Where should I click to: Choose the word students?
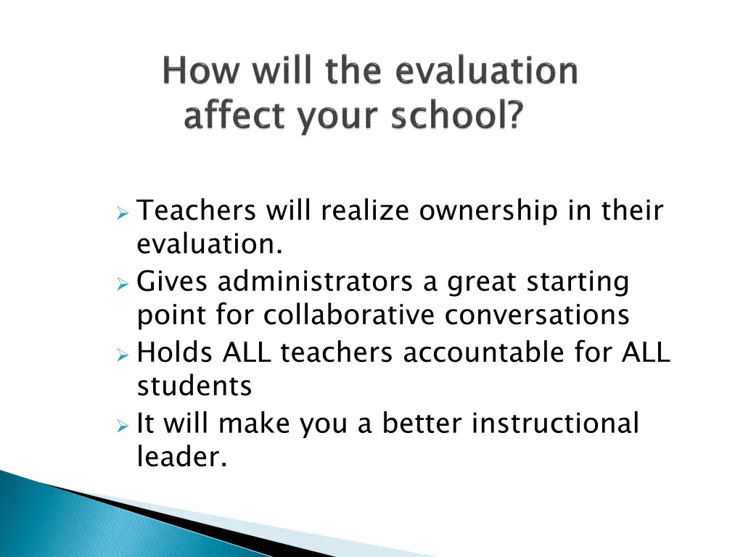click(x=194, y=387)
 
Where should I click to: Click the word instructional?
click(x=555, y=424)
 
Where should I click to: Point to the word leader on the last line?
click(x=181, y=458)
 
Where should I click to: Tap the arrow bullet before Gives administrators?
click(x=123, y=283)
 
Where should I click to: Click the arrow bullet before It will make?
click(x=123, y=425)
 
